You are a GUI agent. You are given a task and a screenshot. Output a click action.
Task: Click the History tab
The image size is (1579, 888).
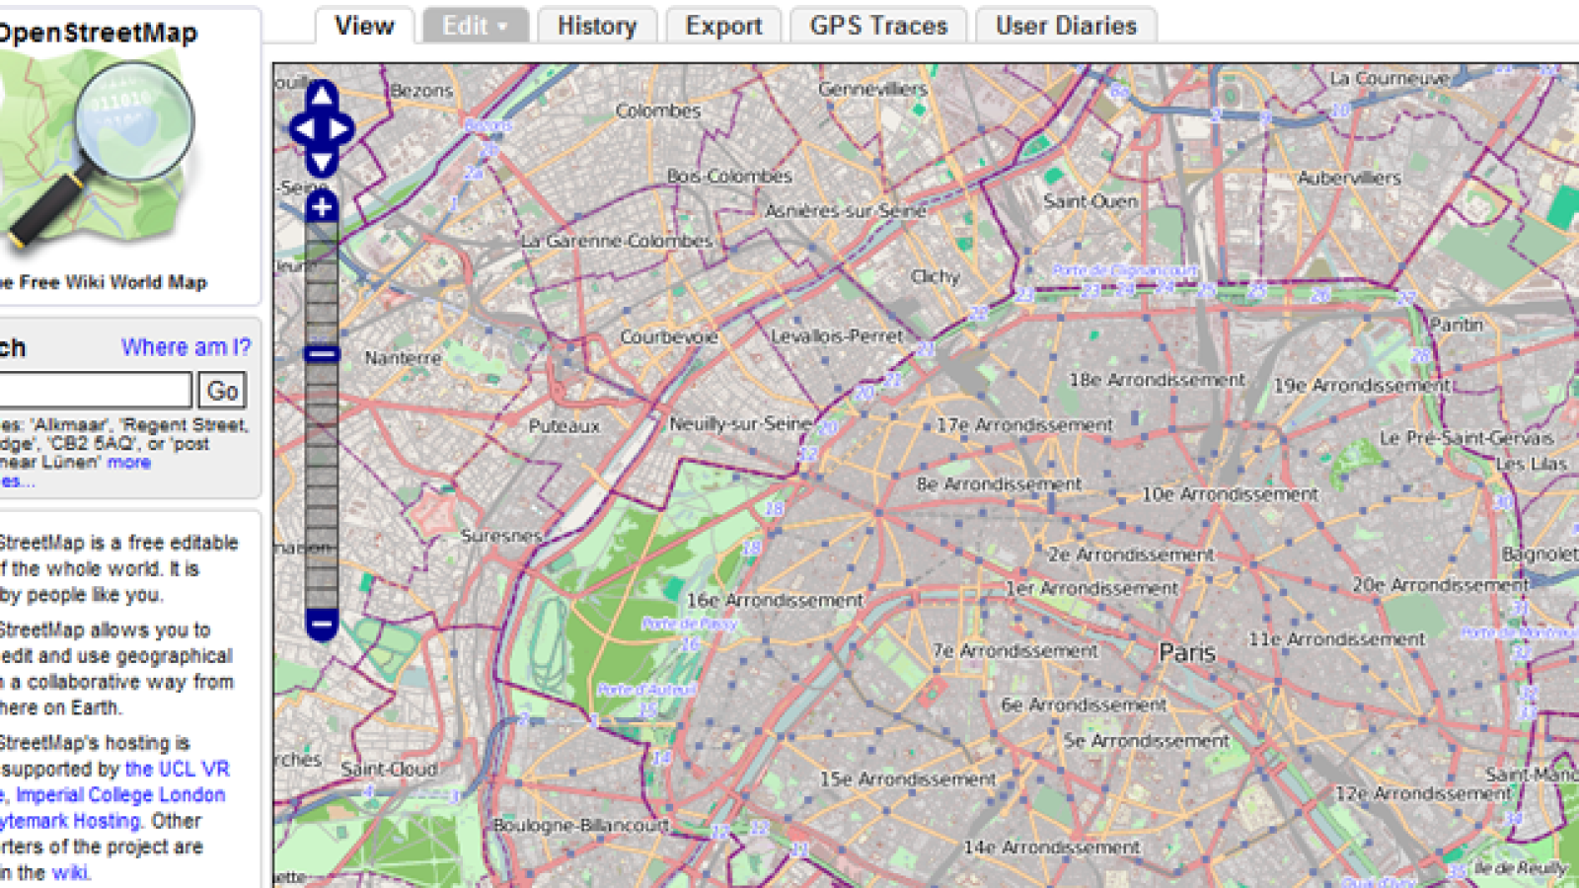(596, 26)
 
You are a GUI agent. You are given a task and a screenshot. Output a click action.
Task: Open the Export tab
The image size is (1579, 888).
(723, 26)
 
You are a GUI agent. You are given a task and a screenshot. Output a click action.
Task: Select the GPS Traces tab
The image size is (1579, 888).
(878, 26)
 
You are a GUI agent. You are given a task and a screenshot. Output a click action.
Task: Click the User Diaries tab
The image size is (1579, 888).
(1066, 26)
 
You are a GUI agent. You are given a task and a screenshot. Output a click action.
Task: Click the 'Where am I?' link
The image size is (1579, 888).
(186, 347)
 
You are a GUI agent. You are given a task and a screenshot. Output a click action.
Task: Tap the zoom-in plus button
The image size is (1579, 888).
(322, 207)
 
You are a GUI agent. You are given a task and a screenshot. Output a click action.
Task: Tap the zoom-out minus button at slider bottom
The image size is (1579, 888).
(322, 624)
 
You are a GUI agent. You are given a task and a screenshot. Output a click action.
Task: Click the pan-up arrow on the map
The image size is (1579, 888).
(322, 96)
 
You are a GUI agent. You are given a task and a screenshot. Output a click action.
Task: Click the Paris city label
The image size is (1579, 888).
(1187, 652)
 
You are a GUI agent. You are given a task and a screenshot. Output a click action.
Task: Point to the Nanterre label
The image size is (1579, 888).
(403, 358)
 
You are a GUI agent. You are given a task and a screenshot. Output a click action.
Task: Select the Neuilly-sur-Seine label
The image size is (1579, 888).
(740, 423)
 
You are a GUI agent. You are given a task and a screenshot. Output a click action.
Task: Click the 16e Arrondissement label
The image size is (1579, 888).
(775, 600)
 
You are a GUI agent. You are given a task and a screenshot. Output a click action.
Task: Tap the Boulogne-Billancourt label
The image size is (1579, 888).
(580, 825)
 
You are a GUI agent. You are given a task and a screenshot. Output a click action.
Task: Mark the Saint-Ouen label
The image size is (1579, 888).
(1090, 201)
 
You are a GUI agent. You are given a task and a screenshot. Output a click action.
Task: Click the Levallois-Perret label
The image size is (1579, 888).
(837, 336)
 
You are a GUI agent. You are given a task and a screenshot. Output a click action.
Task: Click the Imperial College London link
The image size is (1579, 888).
(120, 795)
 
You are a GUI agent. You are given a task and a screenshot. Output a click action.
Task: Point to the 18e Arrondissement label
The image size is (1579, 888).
(1157, 380)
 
